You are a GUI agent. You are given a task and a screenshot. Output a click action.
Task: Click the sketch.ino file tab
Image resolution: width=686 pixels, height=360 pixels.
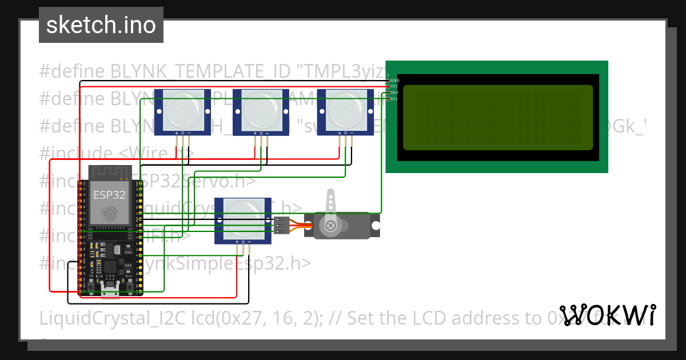pyautogui.click(x=101, y=25)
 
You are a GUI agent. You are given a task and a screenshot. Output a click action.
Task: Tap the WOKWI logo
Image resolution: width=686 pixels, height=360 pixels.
pyautogui.click(x=607, y=315)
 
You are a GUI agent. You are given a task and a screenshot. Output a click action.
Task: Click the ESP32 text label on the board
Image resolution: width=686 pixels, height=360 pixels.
pyautogui.click(x=109, y=194)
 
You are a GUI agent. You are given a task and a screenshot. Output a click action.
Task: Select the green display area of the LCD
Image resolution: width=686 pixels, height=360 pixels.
pyautogui.click(x=498, y=117)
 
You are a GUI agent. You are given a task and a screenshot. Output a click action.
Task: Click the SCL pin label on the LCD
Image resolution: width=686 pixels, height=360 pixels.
pyautogui.click(x=394, y=99)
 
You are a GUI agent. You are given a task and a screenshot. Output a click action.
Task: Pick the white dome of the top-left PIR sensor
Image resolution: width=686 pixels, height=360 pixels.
pyautogui.click(x=183, y=110)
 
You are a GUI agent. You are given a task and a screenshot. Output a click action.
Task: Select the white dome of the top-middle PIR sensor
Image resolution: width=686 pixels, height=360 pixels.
pyautogui.click(x=261, y=110)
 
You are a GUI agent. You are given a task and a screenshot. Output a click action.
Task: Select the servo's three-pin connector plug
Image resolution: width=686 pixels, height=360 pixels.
pyautogui.click(x=282, y=226)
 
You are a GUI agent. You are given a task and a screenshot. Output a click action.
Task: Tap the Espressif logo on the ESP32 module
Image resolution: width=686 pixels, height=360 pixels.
pyautogui.click(x=109, y=214)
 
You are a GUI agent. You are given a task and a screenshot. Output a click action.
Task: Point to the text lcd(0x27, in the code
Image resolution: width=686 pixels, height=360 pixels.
pyautogui.click(x=216, y=317)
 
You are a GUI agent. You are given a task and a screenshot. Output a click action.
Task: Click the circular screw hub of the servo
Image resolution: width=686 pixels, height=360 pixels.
pyautogui.click(x=330, y=226)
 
